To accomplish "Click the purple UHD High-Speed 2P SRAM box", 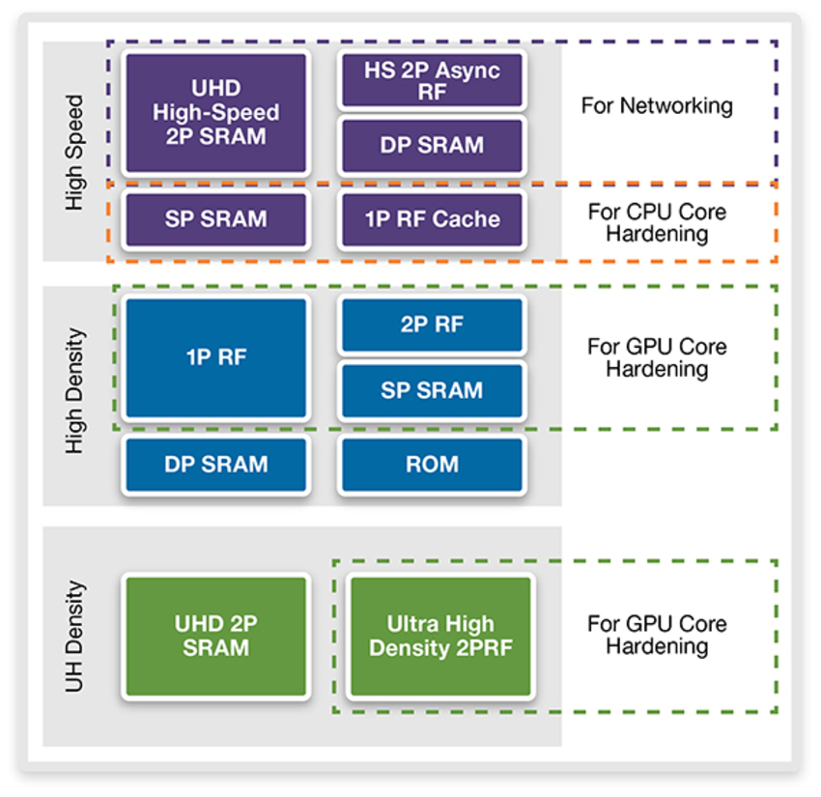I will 215,113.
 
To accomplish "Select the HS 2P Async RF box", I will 432,80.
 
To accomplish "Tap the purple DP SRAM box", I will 432,146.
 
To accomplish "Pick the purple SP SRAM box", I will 215,219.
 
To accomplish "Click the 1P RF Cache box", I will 432,219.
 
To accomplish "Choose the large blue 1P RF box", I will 215,357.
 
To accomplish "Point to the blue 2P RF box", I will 432,326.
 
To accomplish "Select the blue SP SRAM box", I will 432,390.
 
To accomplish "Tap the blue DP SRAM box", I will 215,465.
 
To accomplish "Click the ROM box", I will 432,465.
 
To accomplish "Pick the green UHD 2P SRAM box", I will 215,636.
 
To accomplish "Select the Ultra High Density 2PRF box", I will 440,636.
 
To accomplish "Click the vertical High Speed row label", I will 75,152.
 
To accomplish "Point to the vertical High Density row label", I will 75,392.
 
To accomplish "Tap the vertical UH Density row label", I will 75,636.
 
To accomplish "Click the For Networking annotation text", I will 657,106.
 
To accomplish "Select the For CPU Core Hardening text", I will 657,222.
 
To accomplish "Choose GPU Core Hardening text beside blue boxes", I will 657,357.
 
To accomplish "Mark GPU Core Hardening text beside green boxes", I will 657,635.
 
